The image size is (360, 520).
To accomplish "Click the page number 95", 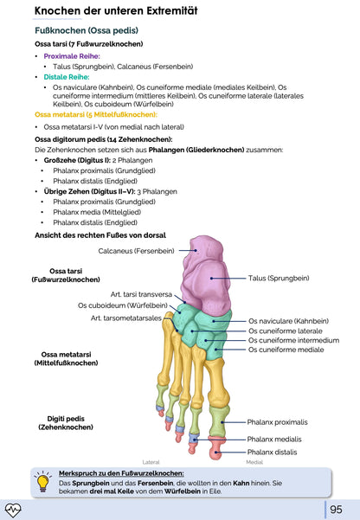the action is coord(336,509).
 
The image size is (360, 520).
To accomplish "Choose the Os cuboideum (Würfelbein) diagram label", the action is coord(121,305).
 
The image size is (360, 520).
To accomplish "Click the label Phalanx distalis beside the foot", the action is coord(272,452).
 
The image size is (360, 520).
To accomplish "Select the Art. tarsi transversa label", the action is coord(141,293).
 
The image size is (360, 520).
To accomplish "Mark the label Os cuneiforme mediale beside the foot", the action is coord(286,350).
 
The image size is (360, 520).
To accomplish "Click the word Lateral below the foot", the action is coord(151,463).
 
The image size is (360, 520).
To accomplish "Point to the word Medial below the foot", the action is coord(254,463).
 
